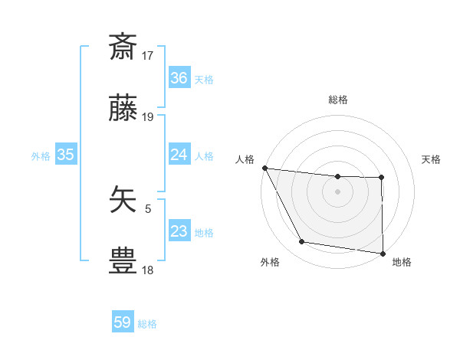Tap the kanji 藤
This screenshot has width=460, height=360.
click(x=123, y=110)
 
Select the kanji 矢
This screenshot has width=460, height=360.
click(x=123, y=198)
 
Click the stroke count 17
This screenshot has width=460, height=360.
click(x=148, y=55)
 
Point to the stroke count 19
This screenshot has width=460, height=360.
click(x=148, y=117)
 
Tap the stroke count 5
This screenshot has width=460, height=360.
click(x=148, y=207)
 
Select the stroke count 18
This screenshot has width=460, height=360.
click(x=148, y=270)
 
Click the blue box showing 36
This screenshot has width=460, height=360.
click(x=179, y=78)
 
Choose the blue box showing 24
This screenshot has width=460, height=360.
click(x=179, y=155)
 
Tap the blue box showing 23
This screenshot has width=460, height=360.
click(x=179, y=231)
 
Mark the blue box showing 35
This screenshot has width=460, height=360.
click(x=66, y=155)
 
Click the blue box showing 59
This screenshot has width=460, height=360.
click(x=123, y=322)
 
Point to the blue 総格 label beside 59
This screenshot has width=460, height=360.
click(x=147, y=324)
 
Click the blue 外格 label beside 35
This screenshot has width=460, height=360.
click(x=41, y=155)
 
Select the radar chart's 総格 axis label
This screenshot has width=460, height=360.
click(x=338, y=100)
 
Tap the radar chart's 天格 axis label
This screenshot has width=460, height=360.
click(x=432, y=159)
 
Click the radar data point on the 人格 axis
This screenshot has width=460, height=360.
click(x=264, y=168)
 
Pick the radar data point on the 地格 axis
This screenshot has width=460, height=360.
click(x=383, y=253)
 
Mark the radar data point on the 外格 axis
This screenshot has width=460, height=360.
click(x=301, y=242)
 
